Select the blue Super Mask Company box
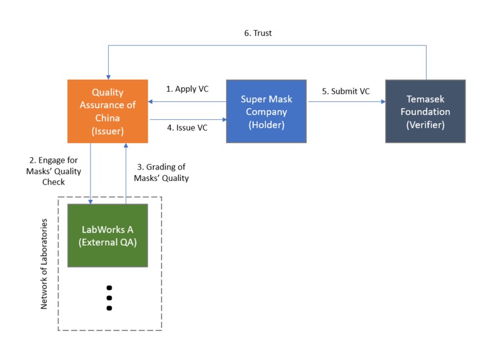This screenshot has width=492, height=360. [x=266, y=111]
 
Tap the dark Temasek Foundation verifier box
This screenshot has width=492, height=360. [x=425, y=111]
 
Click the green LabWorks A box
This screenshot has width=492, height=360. [x=107, y=235]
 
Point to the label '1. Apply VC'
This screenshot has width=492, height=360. [x=187, y=89]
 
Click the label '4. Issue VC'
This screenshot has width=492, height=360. [x=187, y=128]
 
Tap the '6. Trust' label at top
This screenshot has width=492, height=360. [x=258, y=33]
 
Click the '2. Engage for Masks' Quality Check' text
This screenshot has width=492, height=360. [x=58, y=171]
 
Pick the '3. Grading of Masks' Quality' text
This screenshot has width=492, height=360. [x=161, y=172]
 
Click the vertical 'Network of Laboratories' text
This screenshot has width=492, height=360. [x=45, y=264]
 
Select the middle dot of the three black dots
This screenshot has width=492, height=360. [x=109, y=298]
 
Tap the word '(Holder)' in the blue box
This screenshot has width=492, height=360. [x=266, y=124]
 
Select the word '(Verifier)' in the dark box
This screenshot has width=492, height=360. [x=425, y=124]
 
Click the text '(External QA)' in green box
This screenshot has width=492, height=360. [x=107, y=242]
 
